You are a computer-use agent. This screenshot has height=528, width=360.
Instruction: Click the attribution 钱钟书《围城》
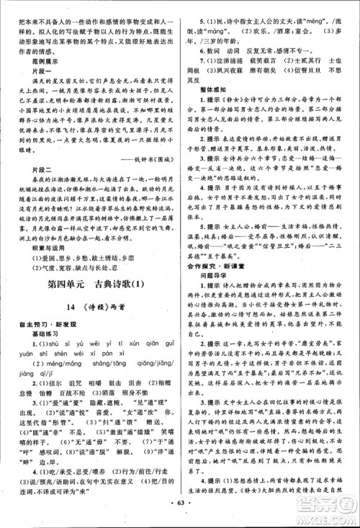click(x=140, y=181)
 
